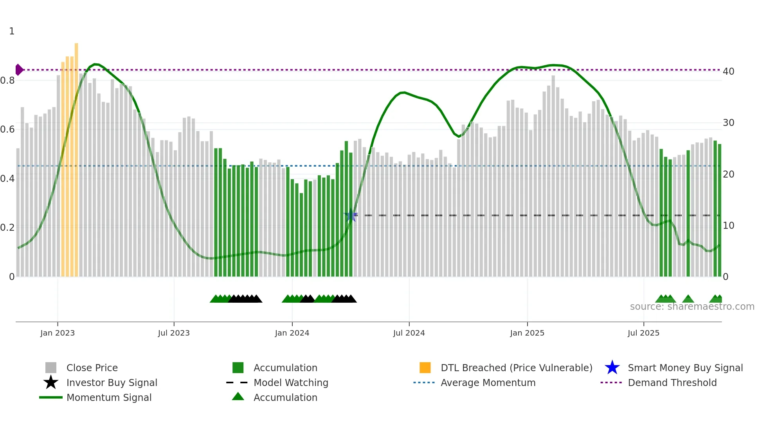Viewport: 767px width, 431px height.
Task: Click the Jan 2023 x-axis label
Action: (x=57, y=333)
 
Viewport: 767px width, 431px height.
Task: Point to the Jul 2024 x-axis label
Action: (x=409, y=333)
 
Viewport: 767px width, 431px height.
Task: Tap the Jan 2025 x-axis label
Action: (x=527, y=333)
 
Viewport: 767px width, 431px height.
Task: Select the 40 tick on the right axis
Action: (x=728, y=72)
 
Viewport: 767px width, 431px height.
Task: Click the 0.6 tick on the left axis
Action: (x=8, y=129)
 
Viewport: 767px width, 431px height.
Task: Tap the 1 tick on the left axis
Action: (x=12, y=31)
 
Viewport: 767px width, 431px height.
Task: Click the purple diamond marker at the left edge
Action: (x=19, y=70)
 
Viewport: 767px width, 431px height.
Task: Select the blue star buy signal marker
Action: (x=351, y=215)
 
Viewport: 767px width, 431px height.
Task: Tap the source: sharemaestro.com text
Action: (x=692, y=307)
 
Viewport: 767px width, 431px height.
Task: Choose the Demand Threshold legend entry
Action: (x=672, y=383)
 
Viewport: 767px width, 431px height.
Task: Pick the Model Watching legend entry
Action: (x=290, y=383)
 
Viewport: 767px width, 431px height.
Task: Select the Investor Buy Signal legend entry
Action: (x=112, y=383)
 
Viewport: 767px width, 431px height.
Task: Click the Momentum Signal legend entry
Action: (x=109, y=398)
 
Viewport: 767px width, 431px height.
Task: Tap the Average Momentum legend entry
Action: (x=488, y=383)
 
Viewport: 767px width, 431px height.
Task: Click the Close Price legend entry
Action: (x=92, y=368)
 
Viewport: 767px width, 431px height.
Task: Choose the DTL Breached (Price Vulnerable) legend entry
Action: (x=516, y=368)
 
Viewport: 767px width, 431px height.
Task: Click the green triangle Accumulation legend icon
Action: (x=238, y=397)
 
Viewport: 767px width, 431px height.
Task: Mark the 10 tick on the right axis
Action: (x=728, y=226)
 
